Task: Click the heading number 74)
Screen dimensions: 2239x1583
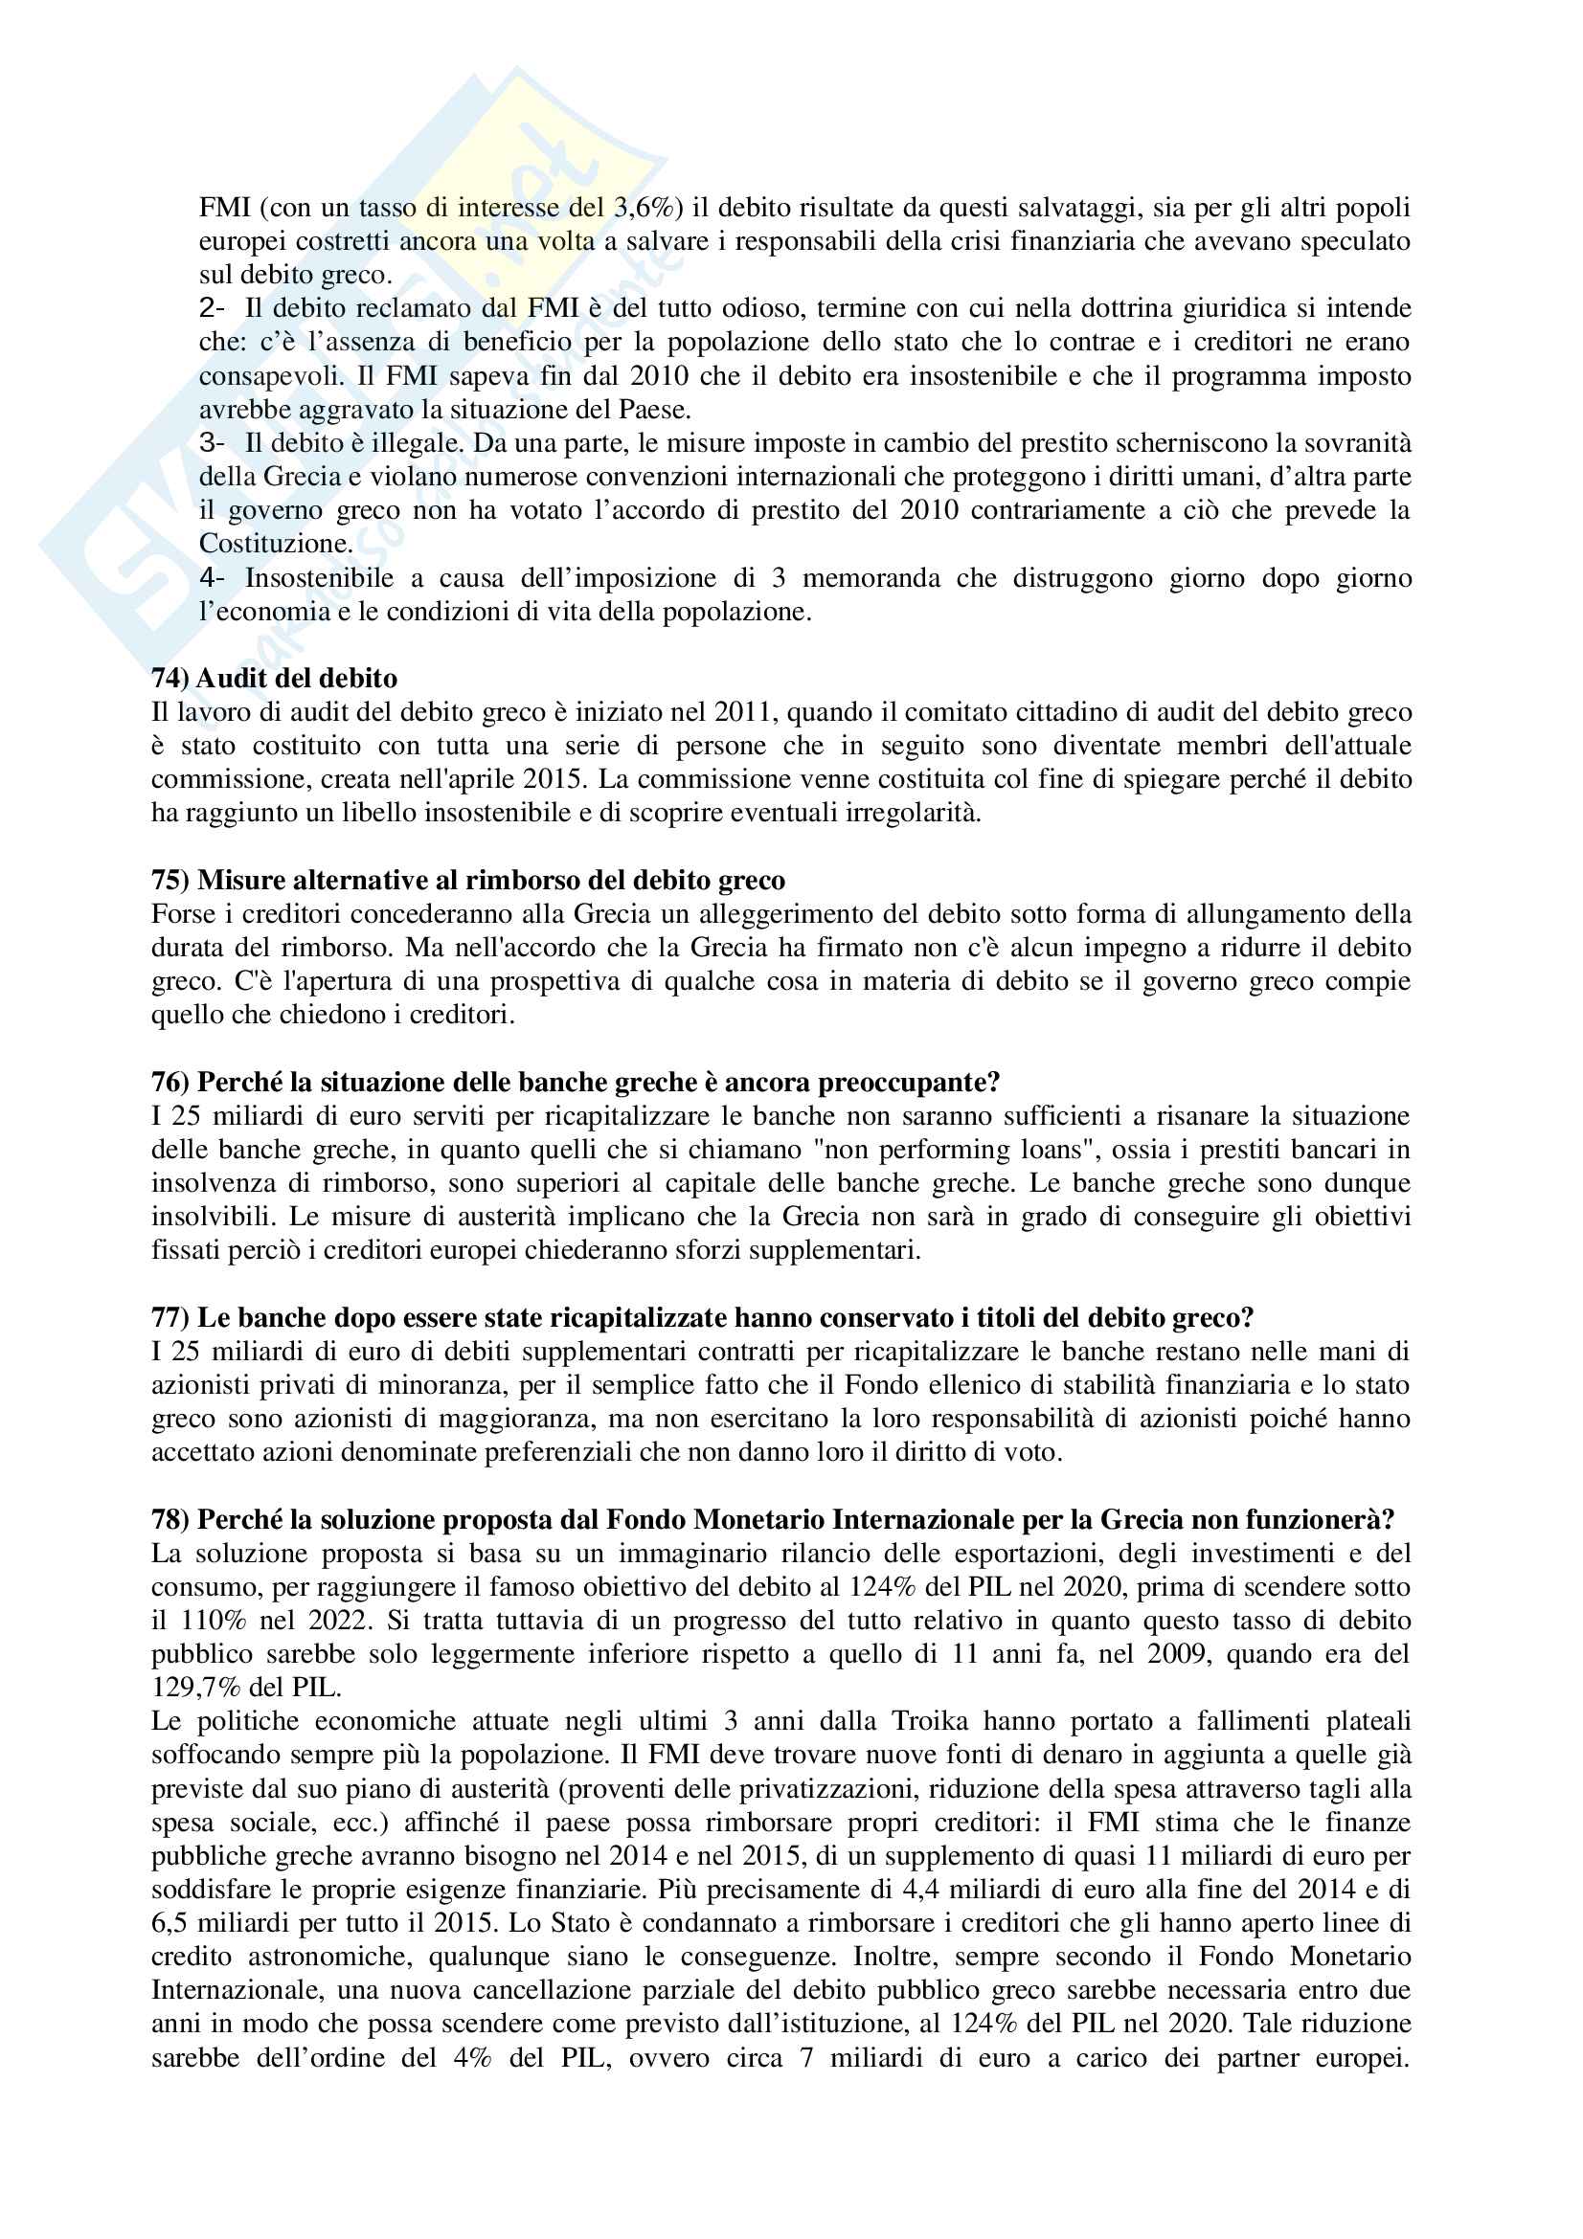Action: tap(170, 679)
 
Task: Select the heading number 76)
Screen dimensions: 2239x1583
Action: tap(170, 1083)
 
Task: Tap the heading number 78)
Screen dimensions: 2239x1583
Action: tap(170, 1520)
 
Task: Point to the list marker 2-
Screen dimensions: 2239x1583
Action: tap(212, 308)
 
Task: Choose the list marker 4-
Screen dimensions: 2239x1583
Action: tap(212, 578)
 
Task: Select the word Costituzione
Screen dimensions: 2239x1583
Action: tap(276, 544)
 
